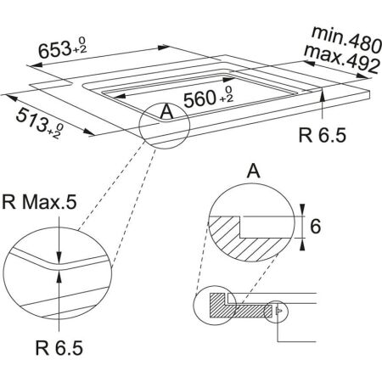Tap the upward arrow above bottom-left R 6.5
57,280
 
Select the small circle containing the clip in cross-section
278,312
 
